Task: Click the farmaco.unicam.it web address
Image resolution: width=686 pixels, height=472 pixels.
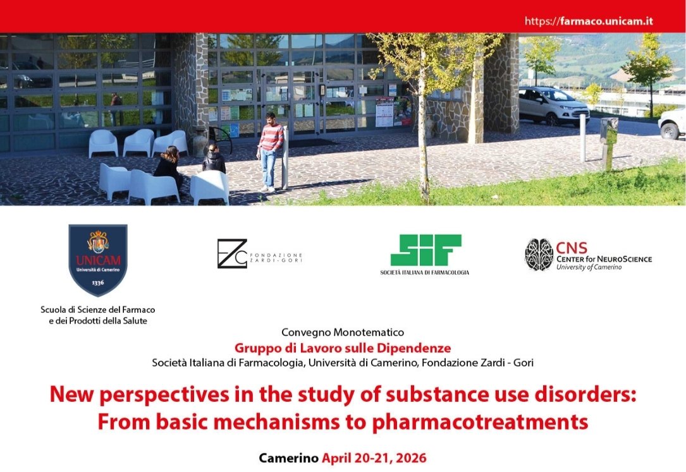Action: [589, 21]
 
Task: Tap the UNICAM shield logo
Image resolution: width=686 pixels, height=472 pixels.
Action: [98, 260]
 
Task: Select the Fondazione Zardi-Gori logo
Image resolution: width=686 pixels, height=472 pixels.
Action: [259, 253]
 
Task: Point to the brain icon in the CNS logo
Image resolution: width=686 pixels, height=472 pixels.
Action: [539, 255]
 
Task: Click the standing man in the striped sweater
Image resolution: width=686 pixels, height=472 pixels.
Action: [269, 152]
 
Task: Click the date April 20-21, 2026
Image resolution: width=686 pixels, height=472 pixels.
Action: [374, 458]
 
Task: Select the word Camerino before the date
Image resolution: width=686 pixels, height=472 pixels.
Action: [288, 458]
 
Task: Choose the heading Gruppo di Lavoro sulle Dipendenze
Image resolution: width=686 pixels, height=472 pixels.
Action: [343, 348]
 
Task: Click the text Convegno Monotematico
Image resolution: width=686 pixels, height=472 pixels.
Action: [343, 332]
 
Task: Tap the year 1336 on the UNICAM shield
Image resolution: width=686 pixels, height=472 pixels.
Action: [98, 283]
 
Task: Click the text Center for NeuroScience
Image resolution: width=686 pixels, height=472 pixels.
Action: [604, 258]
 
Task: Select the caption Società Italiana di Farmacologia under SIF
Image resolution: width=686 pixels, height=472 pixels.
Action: [424, 272]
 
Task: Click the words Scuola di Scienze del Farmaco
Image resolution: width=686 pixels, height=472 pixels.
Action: [97, 310]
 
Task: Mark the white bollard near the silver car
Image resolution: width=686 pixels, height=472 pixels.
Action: [582, 138]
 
